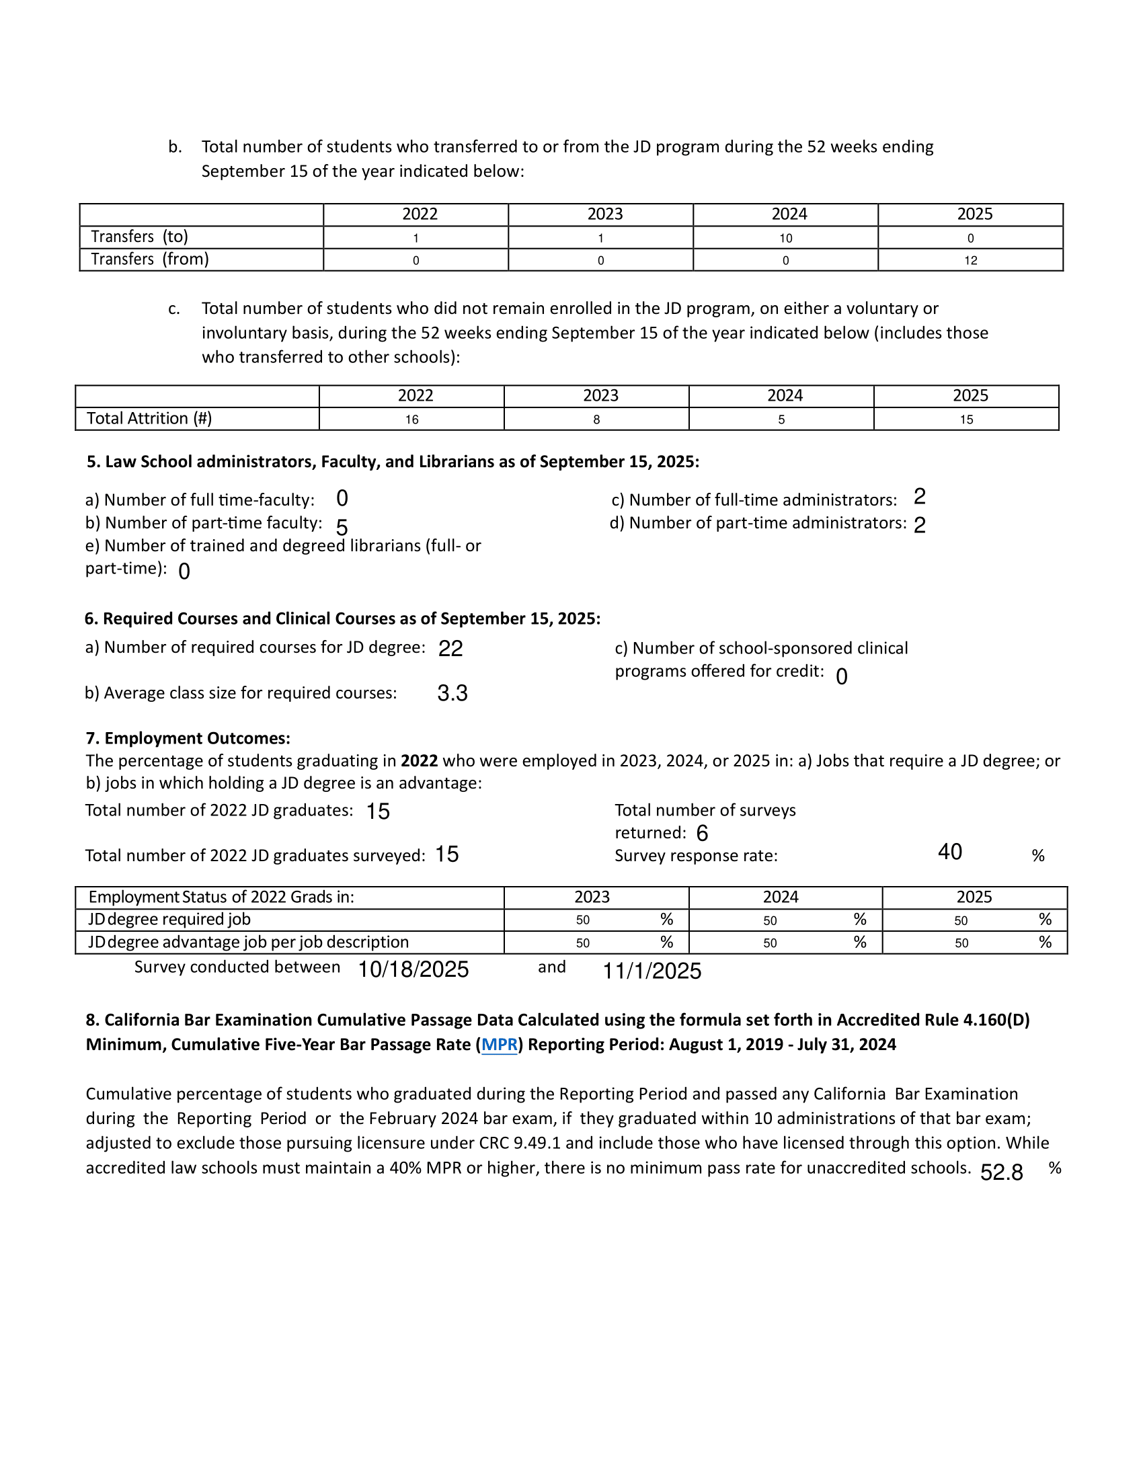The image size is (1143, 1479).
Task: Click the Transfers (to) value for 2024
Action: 785,239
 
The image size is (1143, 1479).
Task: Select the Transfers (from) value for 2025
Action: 970,261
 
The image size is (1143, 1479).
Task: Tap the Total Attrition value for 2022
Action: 411,420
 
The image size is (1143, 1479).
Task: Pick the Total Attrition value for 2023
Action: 596,420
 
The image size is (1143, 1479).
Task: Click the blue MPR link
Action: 499,1045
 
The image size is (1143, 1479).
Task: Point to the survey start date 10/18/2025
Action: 413,969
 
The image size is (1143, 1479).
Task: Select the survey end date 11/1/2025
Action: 652,971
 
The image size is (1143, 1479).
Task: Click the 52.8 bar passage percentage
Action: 1002,1172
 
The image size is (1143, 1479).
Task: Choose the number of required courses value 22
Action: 450,649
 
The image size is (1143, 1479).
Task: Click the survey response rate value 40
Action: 950,852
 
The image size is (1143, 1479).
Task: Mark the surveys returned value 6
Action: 702,834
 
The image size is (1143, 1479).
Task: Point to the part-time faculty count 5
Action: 342,528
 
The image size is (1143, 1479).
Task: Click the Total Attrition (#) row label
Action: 149,419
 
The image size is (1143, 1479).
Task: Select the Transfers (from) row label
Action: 150,259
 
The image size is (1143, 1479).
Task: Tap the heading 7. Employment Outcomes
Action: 188,738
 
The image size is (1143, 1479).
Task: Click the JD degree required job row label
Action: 169,920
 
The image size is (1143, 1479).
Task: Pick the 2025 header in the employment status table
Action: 974,897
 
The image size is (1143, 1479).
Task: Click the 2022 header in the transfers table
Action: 420,214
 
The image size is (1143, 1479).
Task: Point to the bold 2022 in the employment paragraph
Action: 419,761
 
